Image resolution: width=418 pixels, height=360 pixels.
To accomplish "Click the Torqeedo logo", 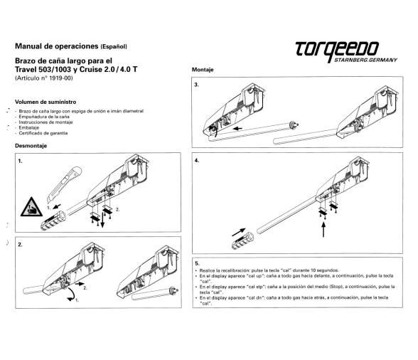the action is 346,52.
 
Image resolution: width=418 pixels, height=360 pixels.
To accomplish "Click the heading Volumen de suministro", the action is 45,102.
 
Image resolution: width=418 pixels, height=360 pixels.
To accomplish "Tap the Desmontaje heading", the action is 31,146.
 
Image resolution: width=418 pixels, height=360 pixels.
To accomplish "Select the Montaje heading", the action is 203,70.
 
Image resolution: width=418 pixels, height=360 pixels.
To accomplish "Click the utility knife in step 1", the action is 64,185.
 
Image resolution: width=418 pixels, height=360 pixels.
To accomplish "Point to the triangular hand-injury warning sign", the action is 31,207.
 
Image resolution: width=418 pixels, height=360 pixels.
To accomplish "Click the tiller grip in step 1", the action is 53,221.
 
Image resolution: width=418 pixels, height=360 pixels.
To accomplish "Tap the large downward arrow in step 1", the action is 102,220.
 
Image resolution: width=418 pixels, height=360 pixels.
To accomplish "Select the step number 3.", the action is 196,85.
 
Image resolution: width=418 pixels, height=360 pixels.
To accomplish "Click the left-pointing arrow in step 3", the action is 237,129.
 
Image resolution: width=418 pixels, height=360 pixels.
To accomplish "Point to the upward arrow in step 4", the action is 323,230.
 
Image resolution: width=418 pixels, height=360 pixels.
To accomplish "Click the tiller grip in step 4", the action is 242,240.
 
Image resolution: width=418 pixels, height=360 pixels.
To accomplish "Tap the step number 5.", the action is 197,263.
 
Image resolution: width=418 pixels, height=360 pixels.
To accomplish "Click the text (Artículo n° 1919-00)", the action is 44,78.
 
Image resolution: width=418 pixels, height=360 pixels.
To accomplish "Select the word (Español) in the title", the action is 114,47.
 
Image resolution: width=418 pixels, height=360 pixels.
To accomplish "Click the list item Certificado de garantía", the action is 43,133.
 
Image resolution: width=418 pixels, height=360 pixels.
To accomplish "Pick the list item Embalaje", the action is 28,127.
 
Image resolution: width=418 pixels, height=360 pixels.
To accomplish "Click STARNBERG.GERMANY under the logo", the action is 365,60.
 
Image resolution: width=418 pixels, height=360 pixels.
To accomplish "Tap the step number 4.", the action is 197,161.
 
